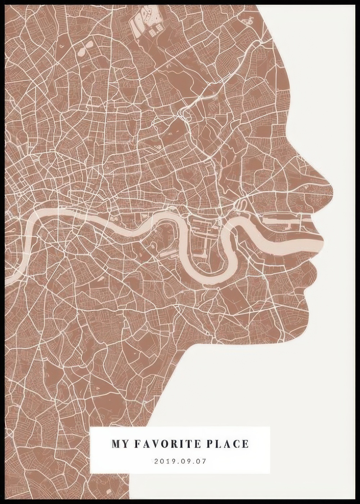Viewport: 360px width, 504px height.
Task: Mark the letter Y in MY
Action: [125, 444]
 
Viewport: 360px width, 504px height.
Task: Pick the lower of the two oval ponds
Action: [82, 53]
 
